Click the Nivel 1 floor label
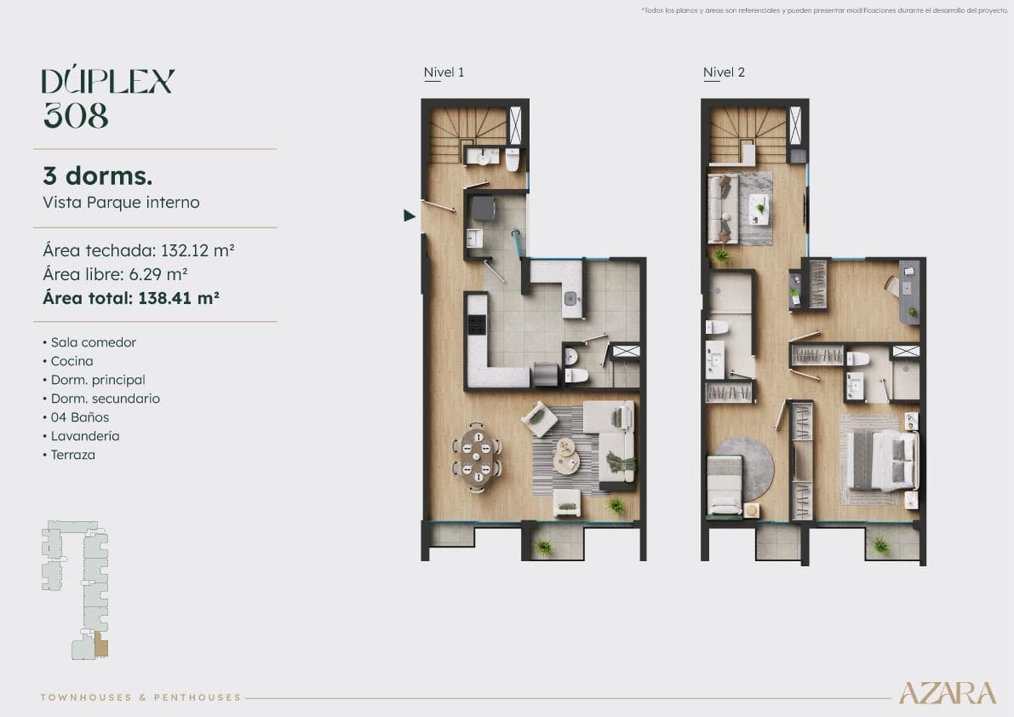444,72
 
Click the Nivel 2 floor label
724,72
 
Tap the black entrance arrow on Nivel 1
409,215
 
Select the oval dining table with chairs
477,457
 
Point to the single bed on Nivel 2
725,485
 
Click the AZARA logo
947,693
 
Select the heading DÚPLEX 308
108,98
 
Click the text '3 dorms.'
97,176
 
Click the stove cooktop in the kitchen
477,324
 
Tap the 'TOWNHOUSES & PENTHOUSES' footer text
141,697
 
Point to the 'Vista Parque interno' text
121,203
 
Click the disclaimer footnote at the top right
823,10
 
